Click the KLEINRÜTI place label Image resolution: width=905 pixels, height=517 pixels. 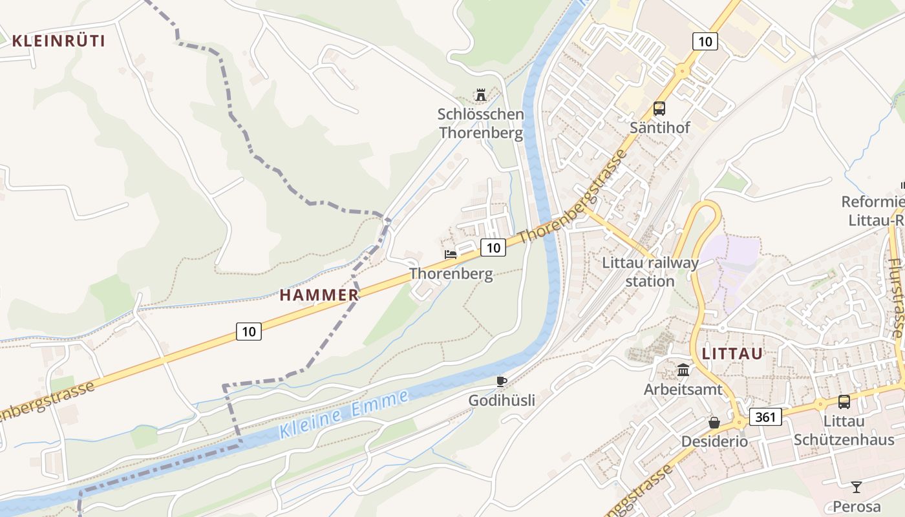(x=58, y=41)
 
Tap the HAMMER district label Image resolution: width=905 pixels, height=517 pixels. (x=319, y=295)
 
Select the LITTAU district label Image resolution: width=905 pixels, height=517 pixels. (x=732, y=353)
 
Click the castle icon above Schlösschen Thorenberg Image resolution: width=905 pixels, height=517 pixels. (x=480, y=96)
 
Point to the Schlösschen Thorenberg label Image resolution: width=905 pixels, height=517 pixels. (x=480, y=124)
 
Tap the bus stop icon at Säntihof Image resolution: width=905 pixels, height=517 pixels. (x=659, y=109)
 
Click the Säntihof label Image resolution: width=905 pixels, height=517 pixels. (x=659, y=128)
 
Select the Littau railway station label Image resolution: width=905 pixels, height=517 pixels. (x=650, y=272)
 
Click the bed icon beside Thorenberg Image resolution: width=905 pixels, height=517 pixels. (x=451, y=254)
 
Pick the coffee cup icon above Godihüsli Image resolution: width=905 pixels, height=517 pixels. (x=501, y=381)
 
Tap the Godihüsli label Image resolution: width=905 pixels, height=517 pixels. (x=502, y=401)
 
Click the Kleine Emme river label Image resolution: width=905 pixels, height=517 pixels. (x=344, y=415)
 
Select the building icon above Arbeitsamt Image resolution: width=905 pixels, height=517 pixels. (x=683, y=370)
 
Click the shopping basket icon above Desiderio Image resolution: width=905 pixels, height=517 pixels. (x=714, y=423)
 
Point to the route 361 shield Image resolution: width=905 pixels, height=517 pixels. (x=765, y=417)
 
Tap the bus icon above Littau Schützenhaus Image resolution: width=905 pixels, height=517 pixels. (x=844, y=402)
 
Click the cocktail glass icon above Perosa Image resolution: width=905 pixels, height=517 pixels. (x=857, y=487)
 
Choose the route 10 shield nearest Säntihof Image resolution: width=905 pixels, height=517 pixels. (x=705, y=42)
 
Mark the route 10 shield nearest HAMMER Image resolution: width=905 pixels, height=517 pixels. (x=249, y=332)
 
